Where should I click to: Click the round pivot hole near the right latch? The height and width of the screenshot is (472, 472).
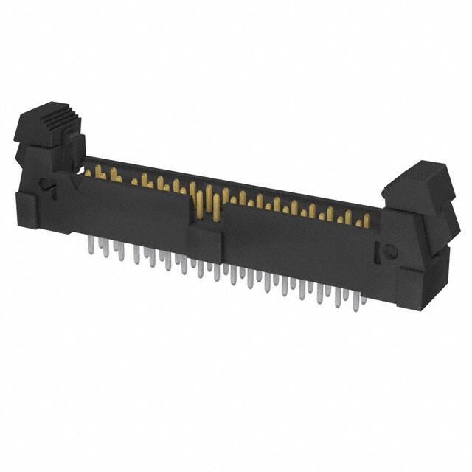pos(383,251)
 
